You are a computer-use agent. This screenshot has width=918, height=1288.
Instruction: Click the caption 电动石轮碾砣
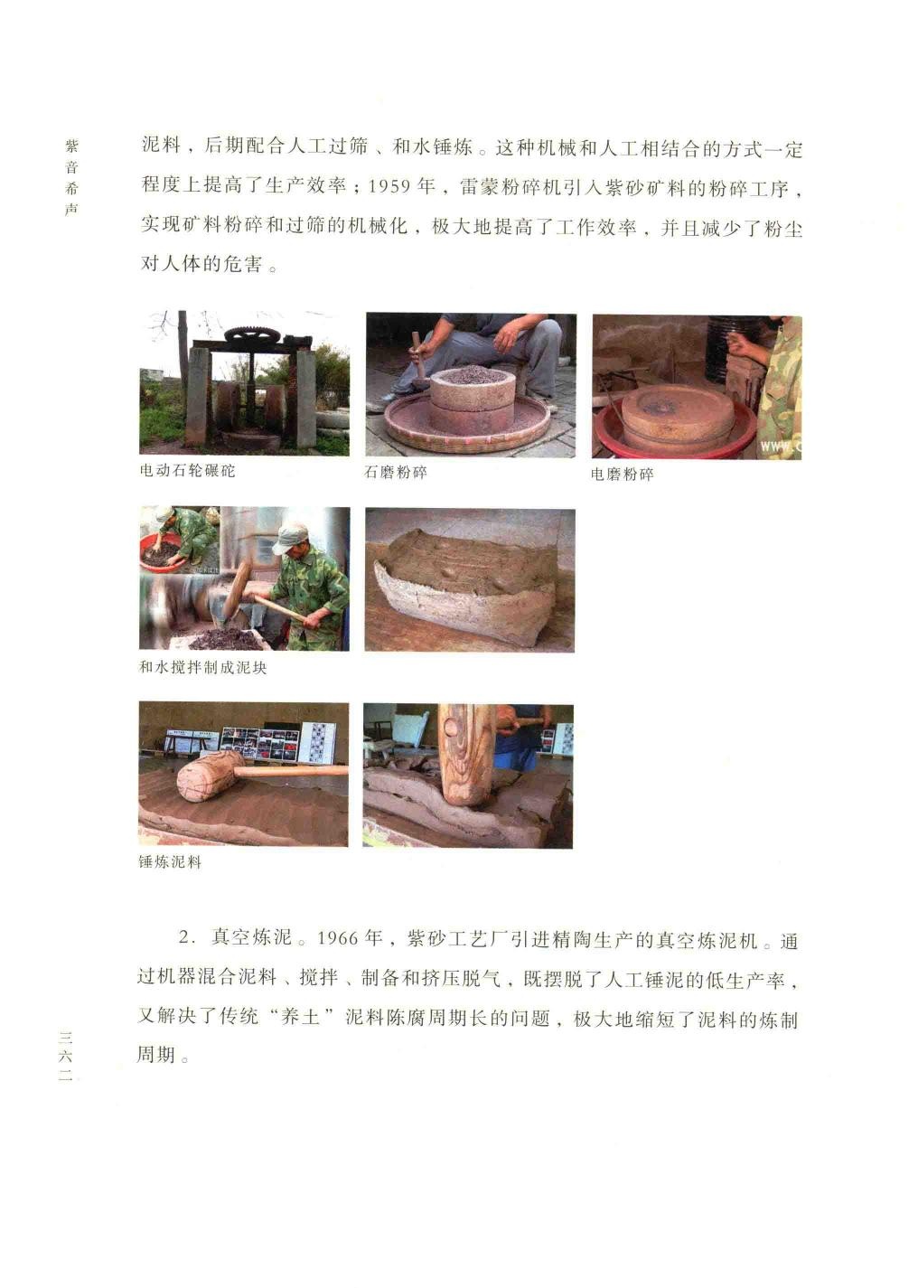(187, 470)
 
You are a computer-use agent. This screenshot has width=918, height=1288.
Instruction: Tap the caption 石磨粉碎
(396, 472)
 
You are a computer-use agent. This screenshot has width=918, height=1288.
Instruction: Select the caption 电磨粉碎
(622, 474)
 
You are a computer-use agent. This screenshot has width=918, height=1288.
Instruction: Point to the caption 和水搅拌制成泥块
(203, 667)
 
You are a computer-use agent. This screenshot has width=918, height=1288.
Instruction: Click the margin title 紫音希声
(70, 178)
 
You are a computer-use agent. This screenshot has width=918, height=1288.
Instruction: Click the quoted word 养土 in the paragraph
(300, 1017)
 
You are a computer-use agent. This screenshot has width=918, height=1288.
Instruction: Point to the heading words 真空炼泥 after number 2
(251, 937)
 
